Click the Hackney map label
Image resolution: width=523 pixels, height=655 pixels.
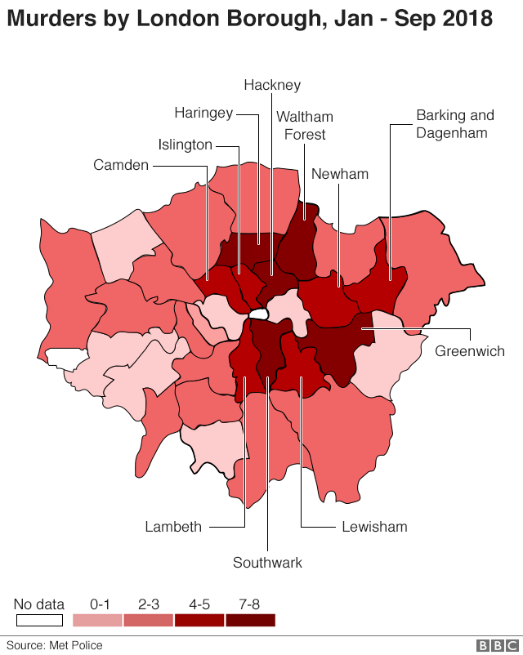272,85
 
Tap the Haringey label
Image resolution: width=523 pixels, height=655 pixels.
203,113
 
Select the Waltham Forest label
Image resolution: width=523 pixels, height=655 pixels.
305,126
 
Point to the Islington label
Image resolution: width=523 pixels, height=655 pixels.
185,145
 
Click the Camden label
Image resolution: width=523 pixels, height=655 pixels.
121,165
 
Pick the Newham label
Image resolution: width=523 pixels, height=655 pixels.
340,174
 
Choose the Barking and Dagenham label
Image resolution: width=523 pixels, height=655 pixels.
455,124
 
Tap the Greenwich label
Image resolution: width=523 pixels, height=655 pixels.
470,351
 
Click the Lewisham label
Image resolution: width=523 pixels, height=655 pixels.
373,527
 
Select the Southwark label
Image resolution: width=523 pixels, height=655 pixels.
267,563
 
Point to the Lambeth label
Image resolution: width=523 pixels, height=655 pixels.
173,527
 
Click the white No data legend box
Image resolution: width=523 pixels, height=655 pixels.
38,621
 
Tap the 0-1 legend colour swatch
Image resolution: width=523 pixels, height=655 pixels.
98,621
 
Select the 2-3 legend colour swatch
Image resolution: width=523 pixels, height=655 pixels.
149,621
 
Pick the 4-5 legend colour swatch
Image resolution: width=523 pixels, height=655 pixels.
199,621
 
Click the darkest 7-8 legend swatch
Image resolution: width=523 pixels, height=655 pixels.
250,621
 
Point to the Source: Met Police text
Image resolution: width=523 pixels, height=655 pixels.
55,645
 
